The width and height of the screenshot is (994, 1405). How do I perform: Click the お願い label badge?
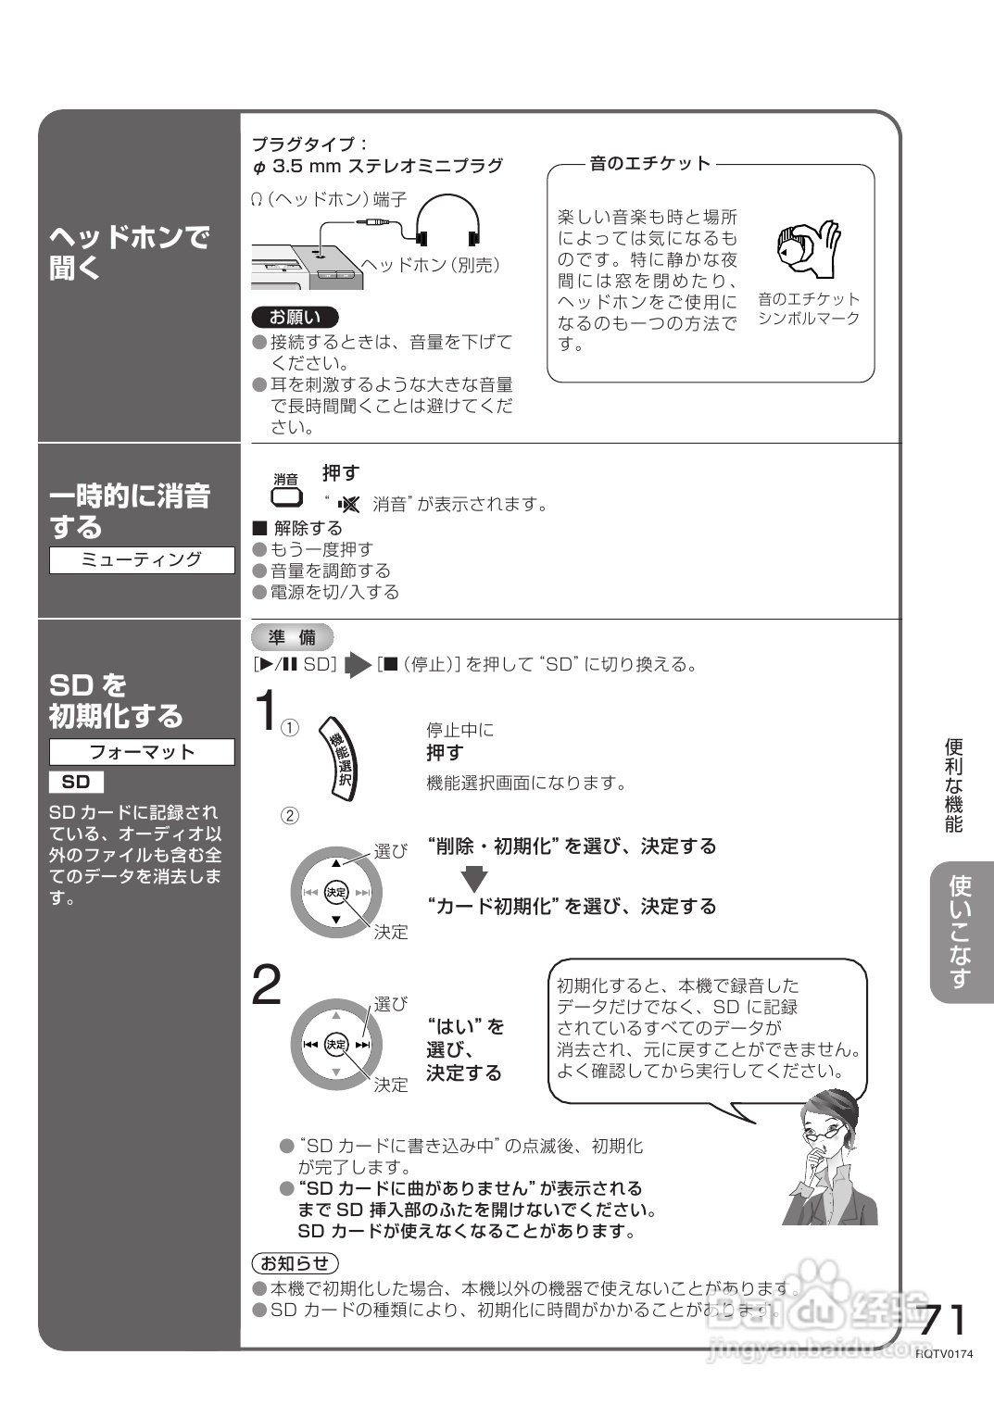tap(295, 317)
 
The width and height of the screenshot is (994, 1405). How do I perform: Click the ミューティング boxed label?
tap(142, 560)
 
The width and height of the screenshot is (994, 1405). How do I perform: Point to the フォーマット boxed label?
tap(142, 752)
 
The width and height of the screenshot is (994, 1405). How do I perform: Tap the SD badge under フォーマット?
tap(76, 783)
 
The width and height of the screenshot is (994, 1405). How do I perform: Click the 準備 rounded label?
tap(292, 637)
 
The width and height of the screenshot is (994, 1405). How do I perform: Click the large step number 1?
tap(266, 711)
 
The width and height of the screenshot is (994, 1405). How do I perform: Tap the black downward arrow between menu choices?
tap(474, 877)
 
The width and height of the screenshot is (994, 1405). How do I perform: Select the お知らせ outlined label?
tap(295, 1262)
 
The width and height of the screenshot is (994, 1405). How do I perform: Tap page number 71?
tap(943, 1319)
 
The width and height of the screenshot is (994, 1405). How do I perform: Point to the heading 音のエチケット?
tap(650, 164)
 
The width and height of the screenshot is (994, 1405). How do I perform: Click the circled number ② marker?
tap(290, 816)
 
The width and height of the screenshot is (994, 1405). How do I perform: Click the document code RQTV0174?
tap(945, 1354)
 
